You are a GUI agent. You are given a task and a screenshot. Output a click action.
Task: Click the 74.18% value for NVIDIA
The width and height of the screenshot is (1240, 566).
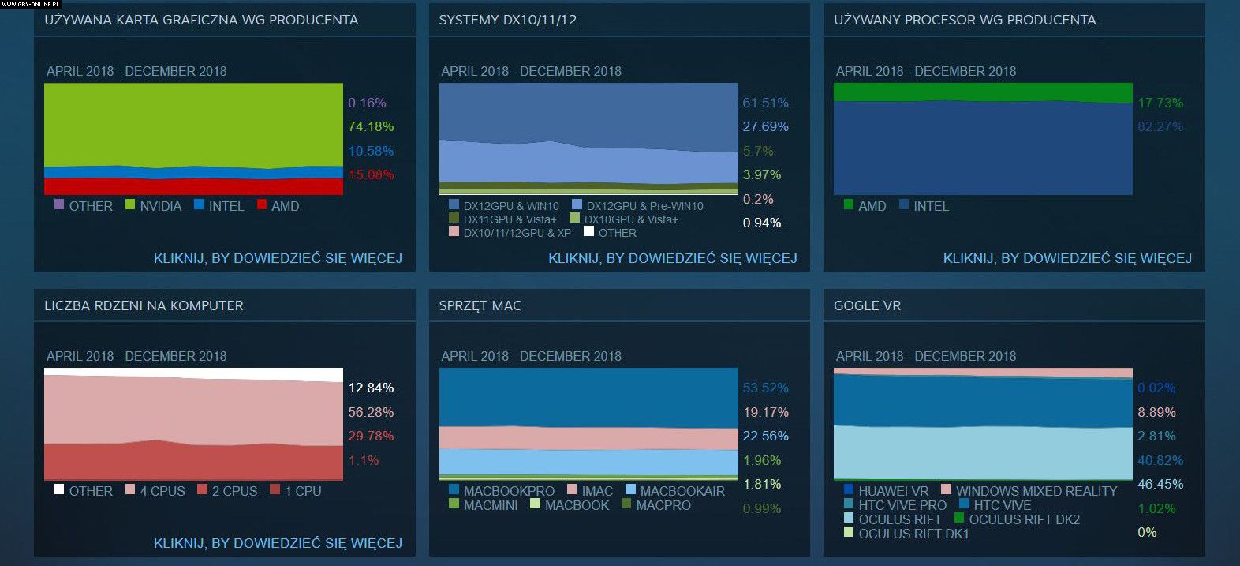tap(371, 126)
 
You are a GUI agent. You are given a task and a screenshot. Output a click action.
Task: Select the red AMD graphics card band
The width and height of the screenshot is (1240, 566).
tap(193, 186)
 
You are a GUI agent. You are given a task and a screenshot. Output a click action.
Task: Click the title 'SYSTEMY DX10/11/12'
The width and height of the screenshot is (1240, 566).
tap(507, 20)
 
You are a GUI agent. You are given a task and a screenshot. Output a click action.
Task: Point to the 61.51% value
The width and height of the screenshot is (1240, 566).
tap(765, 103)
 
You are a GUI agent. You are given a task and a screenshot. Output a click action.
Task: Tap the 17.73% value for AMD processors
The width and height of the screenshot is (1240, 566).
tap(1160, 103)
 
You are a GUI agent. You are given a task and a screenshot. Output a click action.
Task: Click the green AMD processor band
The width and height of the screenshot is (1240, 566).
tap(982, 92)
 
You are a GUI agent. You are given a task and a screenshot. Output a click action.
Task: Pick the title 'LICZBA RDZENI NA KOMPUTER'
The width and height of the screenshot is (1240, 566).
tap(144, 305)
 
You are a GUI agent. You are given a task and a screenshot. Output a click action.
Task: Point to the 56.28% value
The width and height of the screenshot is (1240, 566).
tap(371, 412)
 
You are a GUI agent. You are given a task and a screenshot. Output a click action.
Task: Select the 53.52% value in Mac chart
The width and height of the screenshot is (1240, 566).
tap(765, 388)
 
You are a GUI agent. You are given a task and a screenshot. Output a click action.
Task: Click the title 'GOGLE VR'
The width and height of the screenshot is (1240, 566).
tap(867, 305)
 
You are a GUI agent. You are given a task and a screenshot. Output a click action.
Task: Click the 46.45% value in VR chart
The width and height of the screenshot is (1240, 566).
tap(1160, 484)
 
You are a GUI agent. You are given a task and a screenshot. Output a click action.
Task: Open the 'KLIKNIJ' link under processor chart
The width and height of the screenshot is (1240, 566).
tap(1067, 258)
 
